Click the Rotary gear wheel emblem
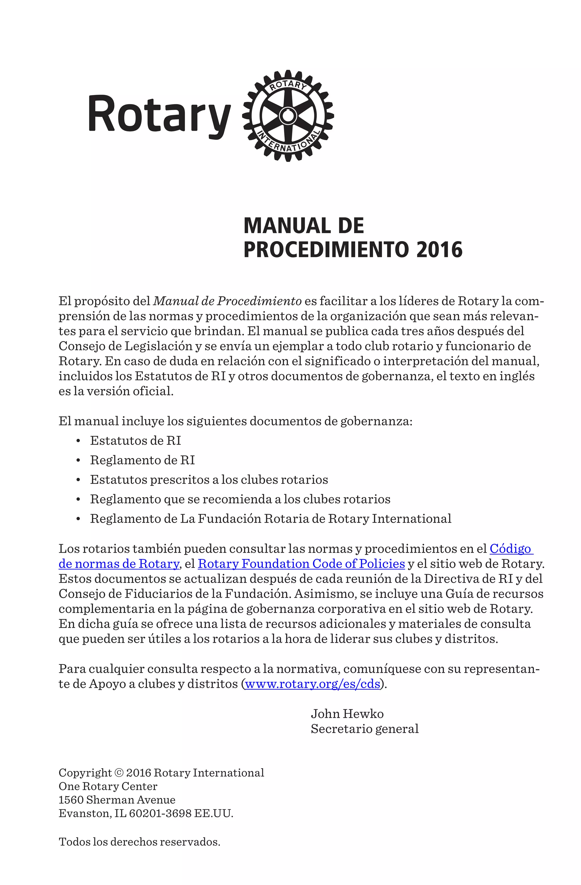[x=288, y=116]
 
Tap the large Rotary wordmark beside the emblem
[x=159, y=116]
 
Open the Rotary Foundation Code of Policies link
[x=301, y=564]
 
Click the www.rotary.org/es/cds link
[x=312, y=684]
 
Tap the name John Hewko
[x=347, y=714]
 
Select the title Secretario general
[x=365, y=729]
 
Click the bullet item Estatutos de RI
[x=135, y=441]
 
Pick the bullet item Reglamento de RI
[x=142, y=460]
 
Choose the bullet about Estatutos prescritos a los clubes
[x=209, y=480]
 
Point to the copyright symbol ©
[x=119, y=773]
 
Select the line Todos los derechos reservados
[x=140, y=842]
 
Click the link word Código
[x=510, y=549]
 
